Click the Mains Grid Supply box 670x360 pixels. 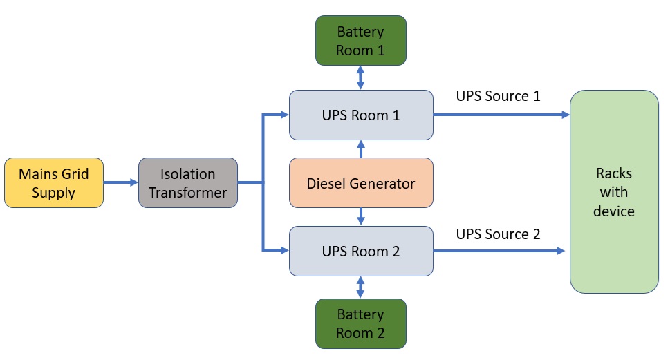(54, 182)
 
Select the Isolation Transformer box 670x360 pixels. (188, 182)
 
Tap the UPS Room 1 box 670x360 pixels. (361, 115)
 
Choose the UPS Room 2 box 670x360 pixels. (361, 252)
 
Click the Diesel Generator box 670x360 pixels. (361, 183)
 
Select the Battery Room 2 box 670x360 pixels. (361, 323)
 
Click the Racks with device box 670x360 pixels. (613, 191)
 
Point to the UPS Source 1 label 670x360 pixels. (498, 96)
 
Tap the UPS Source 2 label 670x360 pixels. (498, 234)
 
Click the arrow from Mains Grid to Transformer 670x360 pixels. (121, 182)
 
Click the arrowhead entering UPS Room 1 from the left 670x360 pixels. (284, 115)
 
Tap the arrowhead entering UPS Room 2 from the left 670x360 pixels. (284, 250)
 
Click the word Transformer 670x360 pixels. (188, 193)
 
